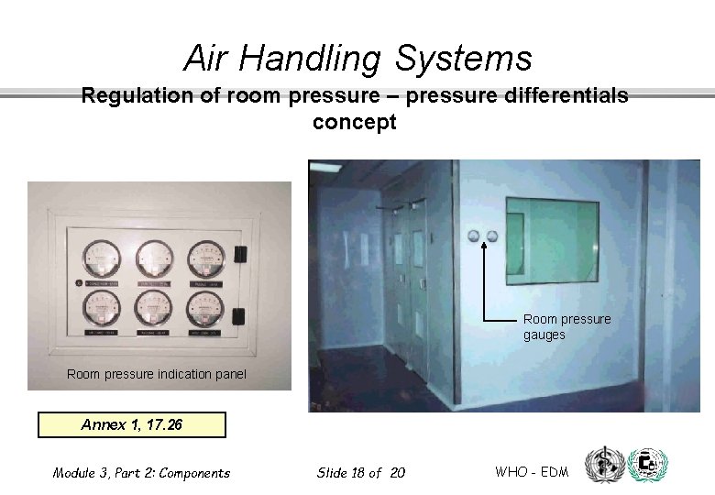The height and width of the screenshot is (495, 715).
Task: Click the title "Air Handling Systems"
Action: [357, 59]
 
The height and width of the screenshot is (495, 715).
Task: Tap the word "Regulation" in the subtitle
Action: [137, 96]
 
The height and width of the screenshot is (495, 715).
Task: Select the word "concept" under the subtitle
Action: [355, 123]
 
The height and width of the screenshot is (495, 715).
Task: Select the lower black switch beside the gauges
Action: [238, 316]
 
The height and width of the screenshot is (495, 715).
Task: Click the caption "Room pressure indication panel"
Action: [157, 374]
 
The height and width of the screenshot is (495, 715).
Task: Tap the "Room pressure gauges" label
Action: [566, 327]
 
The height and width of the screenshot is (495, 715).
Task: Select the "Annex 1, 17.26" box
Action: [130, 425]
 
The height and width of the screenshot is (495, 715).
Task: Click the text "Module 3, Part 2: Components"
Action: [141, 473]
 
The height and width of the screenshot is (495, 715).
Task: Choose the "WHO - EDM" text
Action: [532, 472]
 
